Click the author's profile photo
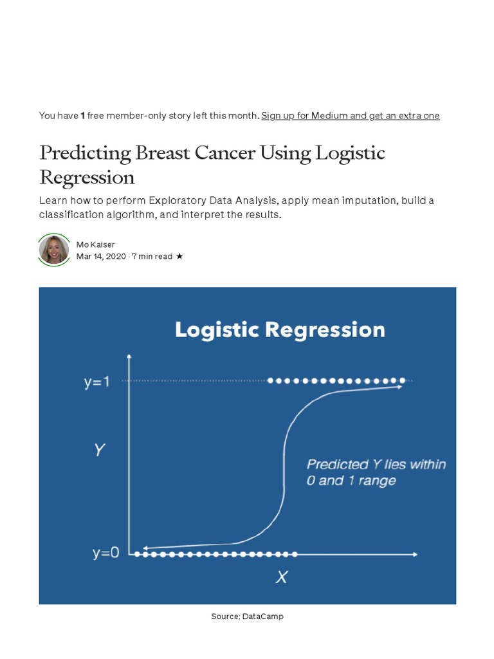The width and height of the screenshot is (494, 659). (54, 250)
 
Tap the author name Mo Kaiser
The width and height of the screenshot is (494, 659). (95, 245)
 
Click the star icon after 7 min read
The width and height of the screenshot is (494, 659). (179, 256)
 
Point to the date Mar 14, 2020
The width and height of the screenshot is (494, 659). (101, 256)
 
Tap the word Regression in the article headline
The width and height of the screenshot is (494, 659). (87, 178)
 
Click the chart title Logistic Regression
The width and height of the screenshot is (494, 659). (280, 330)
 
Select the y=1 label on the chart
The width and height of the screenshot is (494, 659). (96, 382)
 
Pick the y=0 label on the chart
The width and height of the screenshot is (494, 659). (106, 553)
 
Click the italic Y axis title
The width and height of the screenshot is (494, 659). (100, 450)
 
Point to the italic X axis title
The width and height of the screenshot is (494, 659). (282, 577)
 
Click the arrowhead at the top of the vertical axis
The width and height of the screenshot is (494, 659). (129, 357)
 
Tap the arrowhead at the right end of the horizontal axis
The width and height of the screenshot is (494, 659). (415, 554)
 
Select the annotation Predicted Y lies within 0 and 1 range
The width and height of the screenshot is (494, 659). (376, 472)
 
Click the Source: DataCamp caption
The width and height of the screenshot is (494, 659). (247, 616)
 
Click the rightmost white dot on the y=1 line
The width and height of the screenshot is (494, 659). (403, 381)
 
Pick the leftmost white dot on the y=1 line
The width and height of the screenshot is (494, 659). (270, 381)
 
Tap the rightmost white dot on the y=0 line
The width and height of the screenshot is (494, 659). (295, 554)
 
